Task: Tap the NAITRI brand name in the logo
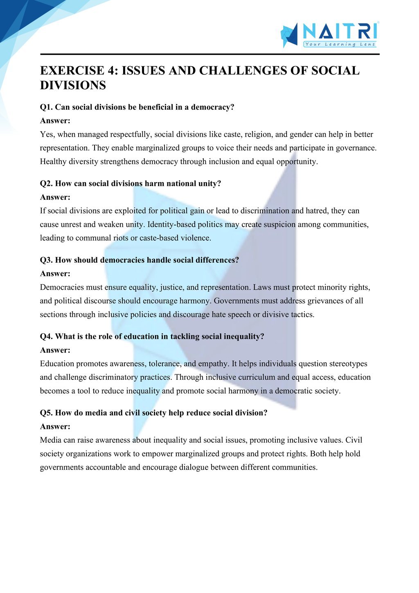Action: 340,31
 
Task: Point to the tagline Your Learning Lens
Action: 340,44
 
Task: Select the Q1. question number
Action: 46,107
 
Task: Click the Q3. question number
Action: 46,260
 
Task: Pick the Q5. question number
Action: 46,413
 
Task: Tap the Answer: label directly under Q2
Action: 55,197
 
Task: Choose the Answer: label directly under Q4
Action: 55,350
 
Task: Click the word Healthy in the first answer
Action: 53,162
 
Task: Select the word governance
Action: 356,148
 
